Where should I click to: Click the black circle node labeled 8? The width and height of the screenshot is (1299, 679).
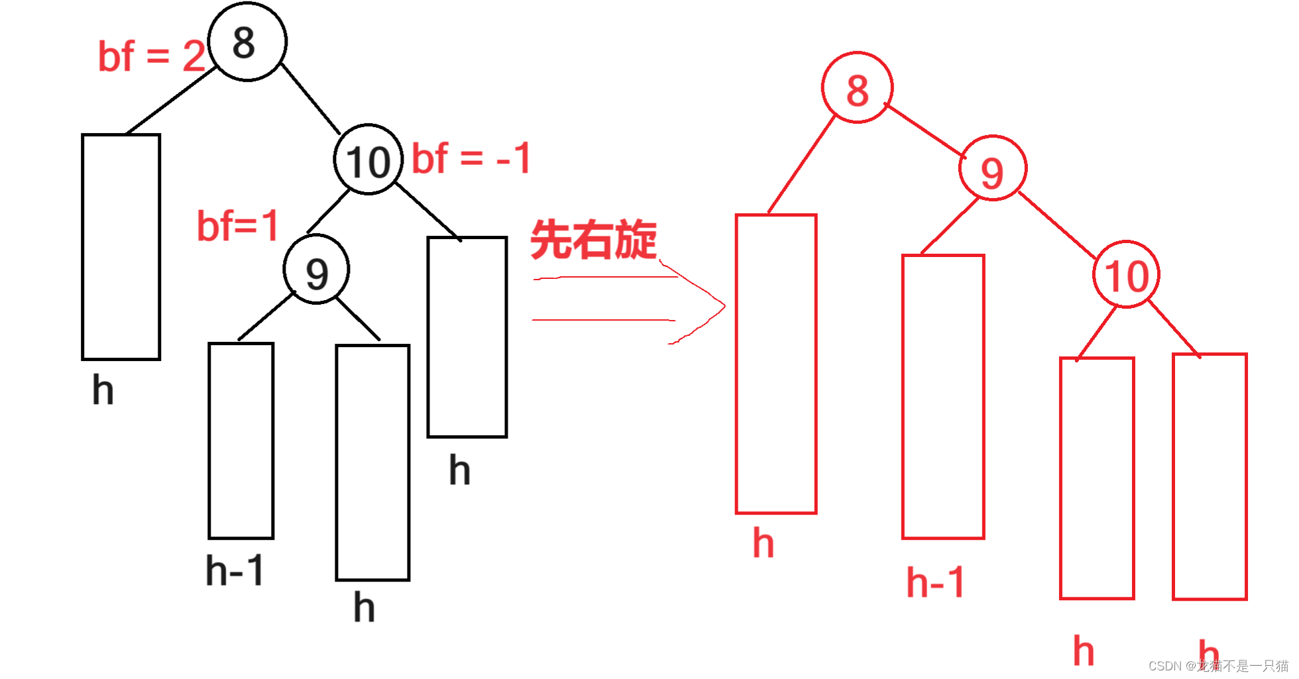tap(247, 42)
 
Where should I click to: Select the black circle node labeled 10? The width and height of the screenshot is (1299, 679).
tap(368, 160)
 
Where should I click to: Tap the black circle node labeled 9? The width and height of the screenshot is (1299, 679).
tap(316, 270)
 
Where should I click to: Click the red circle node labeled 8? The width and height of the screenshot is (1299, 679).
tap(857, 88)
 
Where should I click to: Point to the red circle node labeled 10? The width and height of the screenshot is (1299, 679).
tap(1126, 274)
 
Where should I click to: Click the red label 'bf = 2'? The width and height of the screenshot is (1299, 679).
tap(152, 56)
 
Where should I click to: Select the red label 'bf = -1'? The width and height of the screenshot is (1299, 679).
tap(471, 158)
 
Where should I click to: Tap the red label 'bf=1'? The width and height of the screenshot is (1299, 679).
tap(237, 226)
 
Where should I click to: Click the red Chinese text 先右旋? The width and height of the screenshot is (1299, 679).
tap(593, 239)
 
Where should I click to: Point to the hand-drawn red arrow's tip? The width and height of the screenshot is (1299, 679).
tap(724, 306)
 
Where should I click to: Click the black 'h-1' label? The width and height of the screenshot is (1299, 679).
tap(235, 570)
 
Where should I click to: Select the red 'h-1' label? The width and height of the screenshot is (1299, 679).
tap(935, 582)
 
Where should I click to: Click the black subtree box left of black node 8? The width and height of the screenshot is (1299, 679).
tap(121, 247)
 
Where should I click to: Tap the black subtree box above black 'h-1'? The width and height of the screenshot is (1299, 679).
tap(241, 441)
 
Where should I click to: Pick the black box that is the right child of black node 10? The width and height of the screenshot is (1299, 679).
tap(467, 337)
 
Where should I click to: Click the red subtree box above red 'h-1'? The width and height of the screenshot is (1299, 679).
tap(942, 397)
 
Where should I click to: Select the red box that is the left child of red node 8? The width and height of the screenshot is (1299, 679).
tap(775, 364)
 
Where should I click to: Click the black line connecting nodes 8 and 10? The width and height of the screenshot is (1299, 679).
tap(311, 99)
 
